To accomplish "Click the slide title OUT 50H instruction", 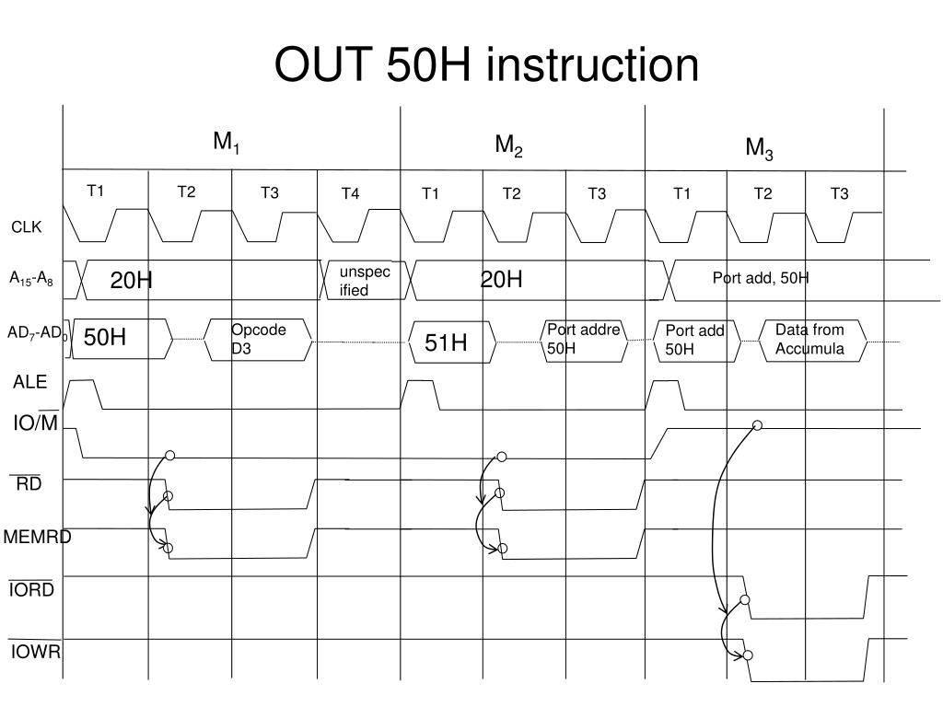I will pos(486,65).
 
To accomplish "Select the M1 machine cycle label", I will pos(227,143).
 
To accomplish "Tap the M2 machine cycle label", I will pos(509,145).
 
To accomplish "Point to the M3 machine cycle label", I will pos(760,148).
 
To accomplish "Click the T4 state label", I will pos(351,193).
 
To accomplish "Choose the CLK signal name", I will pos(27,227).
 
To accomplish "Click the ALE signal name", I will pos(29,382).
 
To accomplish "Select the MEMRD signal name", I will pos(37,537).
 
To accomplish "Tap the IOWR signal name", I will pos(36,653).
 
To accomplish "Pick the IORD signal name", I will pos(32,590).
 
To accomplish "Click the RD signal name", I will pos(29,484).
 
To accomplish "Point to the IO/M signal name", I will pos(35,423).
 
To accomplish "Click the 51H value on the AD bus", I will pos(446,343).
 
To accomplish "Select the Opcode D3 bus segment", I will pos(259,339).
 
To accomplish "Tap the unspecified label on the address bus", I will pos(365,281).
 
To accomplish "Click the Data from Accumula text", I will pos(809,339).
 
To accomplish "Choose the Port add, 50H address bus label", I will pos(760,278).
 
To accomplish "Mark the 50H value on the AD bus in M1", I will pos(105,338).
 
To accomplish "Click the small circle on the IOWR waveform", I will pos(748,655).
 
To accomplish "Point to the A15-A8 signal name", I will pos(31,279).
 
